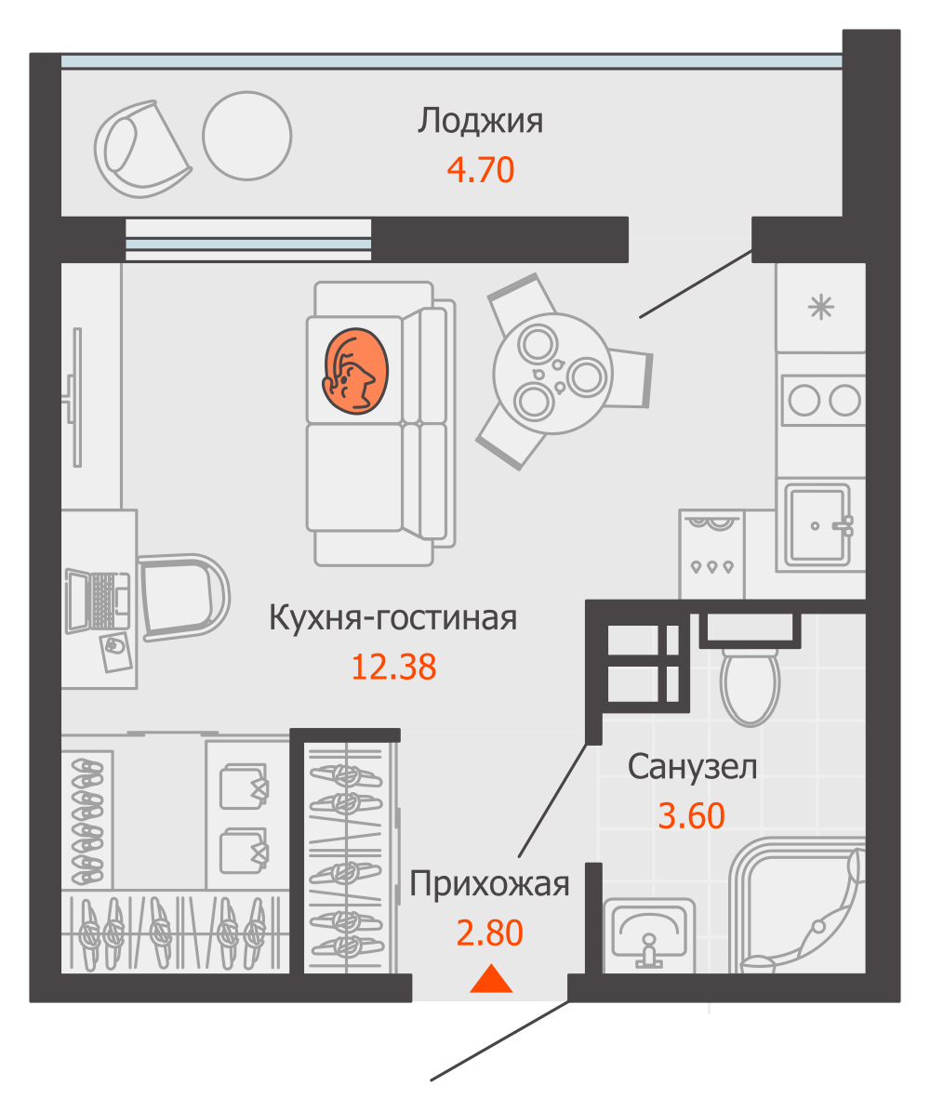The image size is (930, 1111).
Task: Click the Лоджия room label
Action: click(x=480, y=122)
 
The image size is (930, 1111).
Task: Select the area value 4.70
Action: click(x=480, y=170)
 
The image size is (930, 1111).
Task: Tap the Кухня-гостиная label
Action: click(x=392, y=617)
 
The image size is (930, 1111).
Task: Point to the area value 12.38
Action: click(x=393, y=667)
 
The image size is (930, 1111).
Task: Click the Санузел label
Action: click(x=692, y=767)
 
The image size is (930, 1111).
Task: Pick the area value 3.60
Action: click(x=691, y=815)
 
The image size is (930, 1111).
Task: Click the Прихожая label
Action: click(x=489, y=884)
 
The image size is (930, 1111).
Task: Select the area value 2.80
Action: click(x=489, y=932)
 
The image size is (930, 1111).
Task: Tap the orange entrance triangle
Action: click(x=491, y=980)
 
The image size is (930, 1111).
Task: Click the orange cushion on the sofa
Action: click(x=354, y=370)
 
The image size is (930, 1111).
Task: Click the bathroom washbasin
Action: click(x=649, y=932)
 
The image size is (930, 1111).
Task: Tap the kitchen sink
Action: click(x=817, y=524)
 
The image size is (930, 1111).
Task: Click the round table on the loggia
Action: click(x=247, y=136)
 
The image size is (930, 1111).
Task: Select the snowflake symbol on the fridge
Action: click(x=820, y=307)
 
